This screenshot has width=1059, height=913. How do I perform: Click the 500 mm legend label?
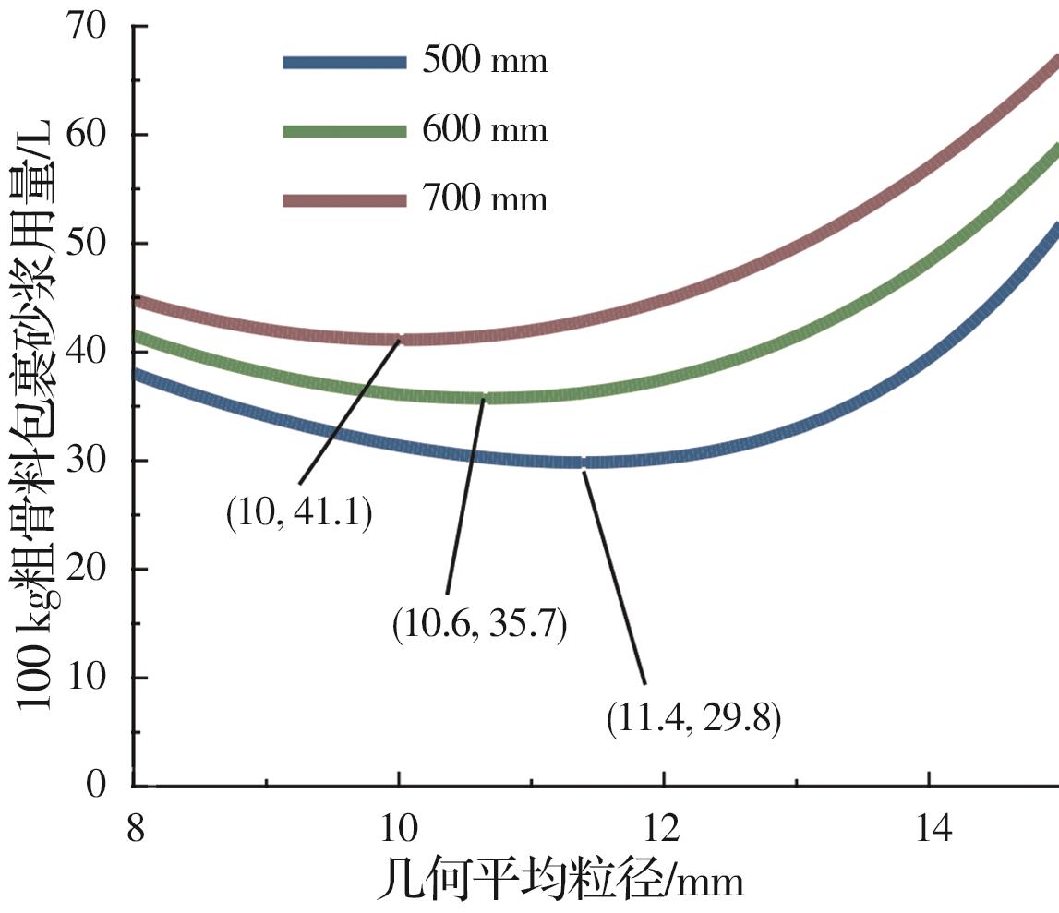485,62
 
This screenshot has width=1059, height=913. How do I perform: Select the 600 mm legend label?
485,131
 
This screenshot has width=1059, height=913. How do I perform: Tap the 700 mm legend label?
485,199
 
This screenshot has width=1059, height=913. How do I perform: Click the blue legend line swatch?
343,63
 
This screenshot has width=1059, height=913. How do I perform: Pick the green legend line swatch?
343,132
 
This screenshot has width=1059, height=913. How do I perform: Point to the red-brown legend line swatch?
343,200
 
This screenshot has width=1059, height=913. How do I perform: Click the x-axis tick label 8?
136,828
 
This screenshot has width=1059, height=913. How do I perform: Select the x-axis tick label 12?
664,828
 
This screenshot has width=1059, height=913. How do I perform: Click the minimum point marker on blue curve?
583,462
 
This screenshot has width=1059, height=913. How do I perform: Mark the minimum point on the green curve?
484,398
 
